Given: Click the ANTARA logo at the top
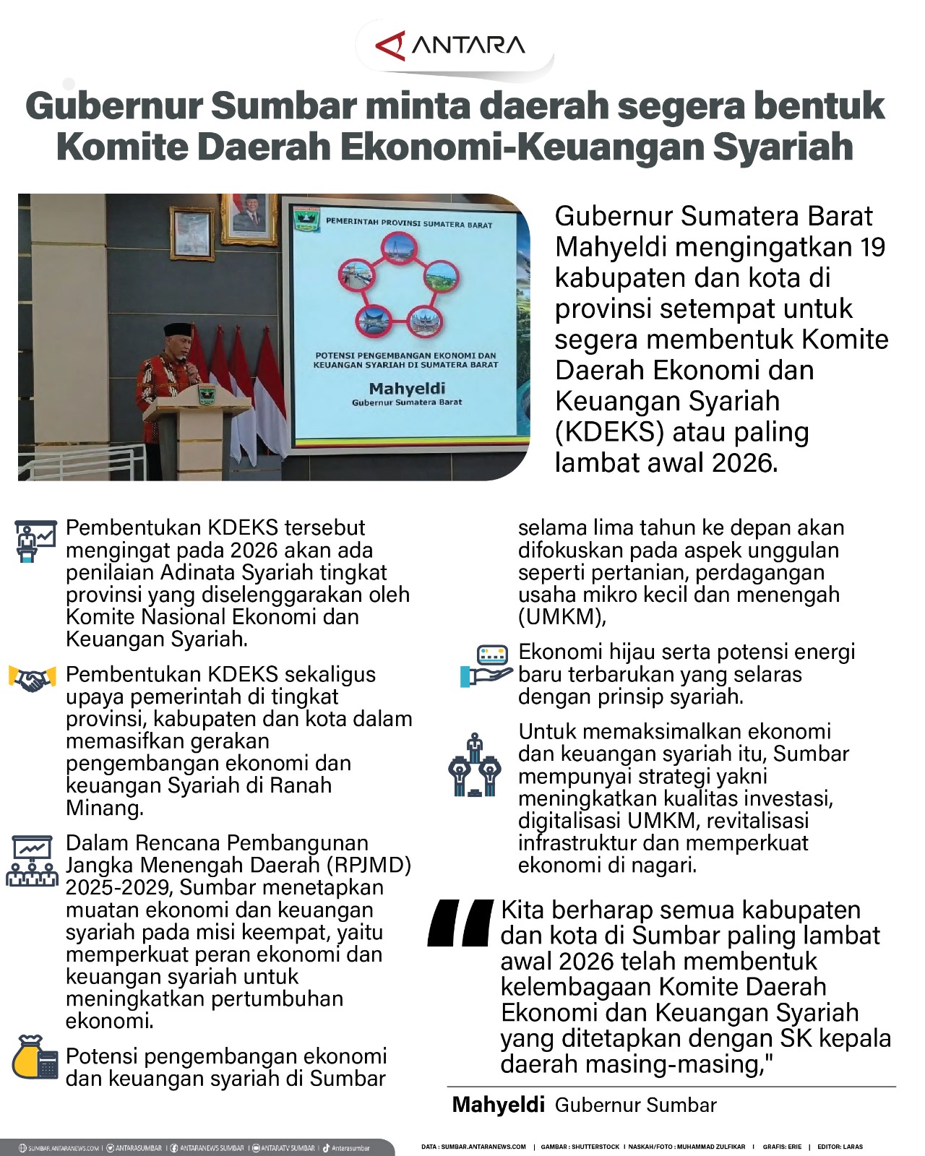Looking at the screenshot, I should [x=451, y=46].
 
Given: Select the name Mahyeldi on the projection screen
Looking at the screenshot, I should [x=407, y=389].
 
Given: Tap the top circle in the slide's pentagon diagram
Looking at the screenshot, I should [x=400, y=251].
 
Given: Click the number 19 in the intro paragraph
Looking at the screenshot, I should [x=872, y=247].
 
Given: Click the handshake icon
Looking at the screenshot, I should [x=32, y=680].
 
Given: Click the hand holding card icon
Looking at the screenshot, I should [x=486, y=665].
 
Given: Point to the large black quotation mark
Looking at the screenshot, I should [x=461, y=923].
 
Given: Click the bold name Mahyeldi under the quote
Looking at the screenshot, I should [x=498, y=1105].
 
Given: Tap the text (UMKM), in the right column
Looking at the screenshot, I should [x=562, y=617].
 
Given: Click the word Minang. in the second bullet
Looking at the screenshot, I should [x=105, y=808].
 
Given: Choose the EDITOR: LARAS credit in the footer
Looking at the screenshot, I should [x=840, y=1147].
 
